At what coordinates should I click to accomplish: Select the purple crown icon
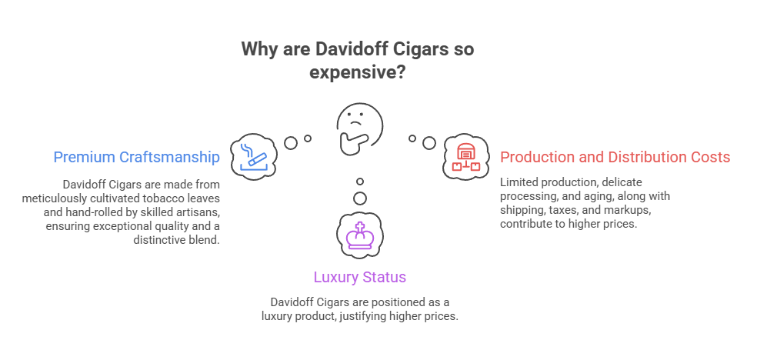coord(359,234)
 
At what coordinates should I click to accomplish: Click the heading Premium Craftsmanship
coord(137,157)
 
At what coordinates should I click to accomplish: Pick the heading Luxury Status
coord(359,277)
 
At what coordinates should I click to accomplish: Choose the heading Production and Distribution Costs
coord(615,158)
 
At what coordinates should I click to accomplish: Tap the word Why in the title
coord(258,50)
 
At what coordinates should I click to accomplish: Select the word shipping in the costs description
coord(522,211)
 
